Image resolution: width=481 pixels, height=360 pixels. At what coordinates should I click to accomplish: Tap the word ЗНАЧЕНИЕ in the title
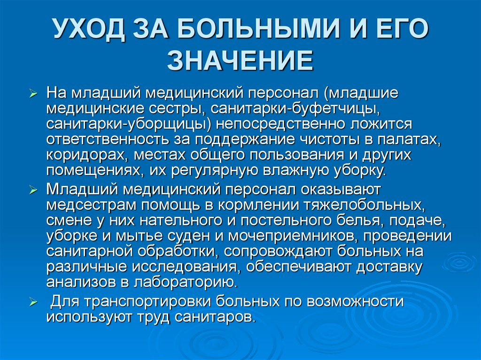[240, 61]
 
